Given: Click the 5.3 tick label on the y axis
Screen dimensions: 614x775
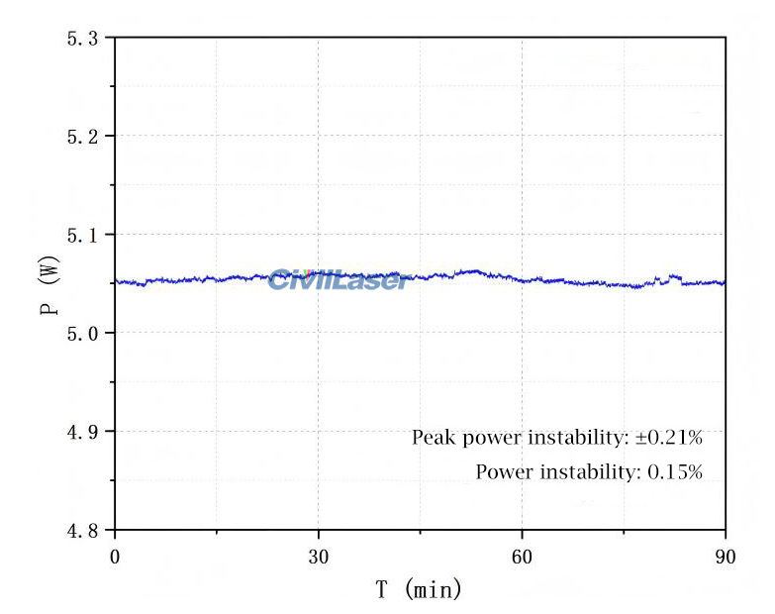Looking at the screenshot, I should point(82,38).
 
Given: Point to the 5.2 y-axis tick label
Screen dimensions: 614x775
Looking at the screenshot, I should point(82,136).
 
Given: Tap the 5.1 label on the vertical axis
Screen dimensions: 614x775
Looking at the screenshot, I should point(82,235).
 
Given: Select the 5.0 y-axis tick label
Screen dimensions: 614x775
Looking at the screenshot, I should point(82,333).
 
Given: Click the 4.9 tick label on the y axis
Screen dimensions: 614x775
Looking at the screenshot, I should point(82,432).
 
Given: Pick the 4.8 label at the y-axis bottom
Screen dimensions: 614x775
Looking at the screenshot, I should point(82,530).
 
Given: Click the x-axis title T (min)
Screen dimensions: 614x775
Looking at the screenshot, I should point(419,591).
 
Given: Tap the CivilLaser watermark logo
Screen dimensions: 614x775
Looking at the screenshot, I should point(338,280).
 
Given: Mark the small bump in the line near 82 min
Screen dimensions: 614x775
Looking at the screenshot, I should point(675,277).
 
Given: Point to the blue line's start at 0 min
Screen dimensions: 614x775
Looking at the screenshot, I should point(117,281).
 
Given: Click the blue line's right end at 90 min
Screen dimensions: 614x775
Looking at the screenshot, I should point(725,282).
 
